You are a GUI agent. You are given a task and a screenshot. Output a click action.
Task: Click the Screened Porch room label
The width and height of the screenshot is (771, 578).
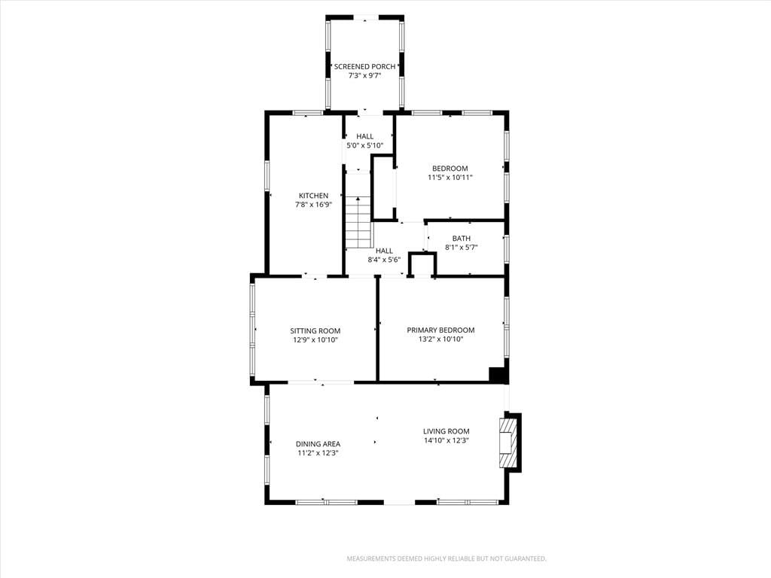click(365, 67)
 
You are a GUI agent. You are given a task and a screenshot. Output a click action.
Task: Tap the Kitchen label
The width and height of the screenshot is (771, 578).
click(314, 196)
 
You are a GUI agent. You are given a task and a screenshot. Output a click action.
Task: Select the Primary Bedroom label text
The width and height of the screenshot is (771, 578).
click(440, 330)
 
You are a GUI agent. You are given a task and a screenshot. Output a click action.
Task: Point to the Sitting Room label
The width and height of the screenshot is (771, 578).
click(315, 331)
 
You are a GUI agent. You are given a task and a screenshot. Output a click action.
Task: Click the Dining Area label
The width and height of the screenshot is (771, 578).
click(318, 444)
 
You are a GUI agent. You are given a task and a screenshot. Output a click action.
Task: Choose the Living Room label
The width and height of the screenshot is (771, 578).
click(446, 431)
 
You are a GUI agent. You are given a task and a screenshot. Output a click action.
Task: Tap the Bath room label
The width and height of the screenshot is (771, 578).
click(462, 239)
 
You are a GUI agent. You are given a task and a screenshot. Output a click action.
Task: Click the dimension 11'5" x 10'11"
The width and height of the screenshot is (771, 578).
click(450, 178)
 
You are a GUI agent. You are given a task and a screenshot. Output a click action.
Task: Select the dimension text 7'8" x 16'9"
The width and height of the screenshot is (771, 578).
click(314, 205)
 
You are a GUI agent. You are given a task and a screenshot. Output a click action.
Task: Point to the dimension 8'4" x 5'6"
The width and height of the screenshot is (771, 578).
click(385, 260)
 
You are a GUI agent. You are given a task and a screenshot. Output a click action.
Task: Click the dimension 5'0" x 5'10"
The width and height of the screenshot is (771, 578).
click(365, 145)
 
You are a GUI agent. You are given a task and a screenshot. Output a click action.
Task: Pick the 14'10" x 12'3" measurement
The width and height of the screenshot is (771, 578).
click(446, 441)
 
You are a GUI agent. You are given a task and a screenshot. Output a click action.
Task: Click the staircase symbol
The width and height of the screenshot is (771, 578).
click(358, 222)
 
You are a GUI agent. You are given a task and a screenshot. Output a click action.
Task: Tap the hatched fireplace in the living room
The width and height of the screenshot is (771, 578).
click(509, 443)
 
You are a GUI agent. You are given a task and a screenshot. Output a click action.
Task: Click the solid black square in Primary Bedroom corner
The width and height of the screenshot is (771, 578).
click(498, 374)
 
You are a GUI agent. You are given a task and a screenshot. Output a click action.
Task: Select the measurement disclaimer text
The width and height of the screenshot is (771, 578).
click(446, 559)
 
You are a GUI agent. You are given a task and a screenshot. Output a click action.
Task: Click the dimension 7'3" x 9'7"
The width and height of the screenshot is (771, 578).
click(365, 76)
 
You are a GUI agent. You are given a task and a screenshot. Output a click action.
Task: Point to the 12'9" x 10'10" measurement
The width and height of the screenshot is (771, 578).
click(315, 340)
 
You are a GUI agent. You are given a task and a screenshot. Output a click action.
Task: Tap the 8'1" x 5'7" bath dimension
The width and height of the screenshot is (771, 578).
click(462, 248)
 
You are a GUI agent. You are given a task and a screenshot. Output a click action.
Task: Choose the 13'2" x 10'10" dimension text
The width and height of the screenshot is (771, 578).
click(440, 339)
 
